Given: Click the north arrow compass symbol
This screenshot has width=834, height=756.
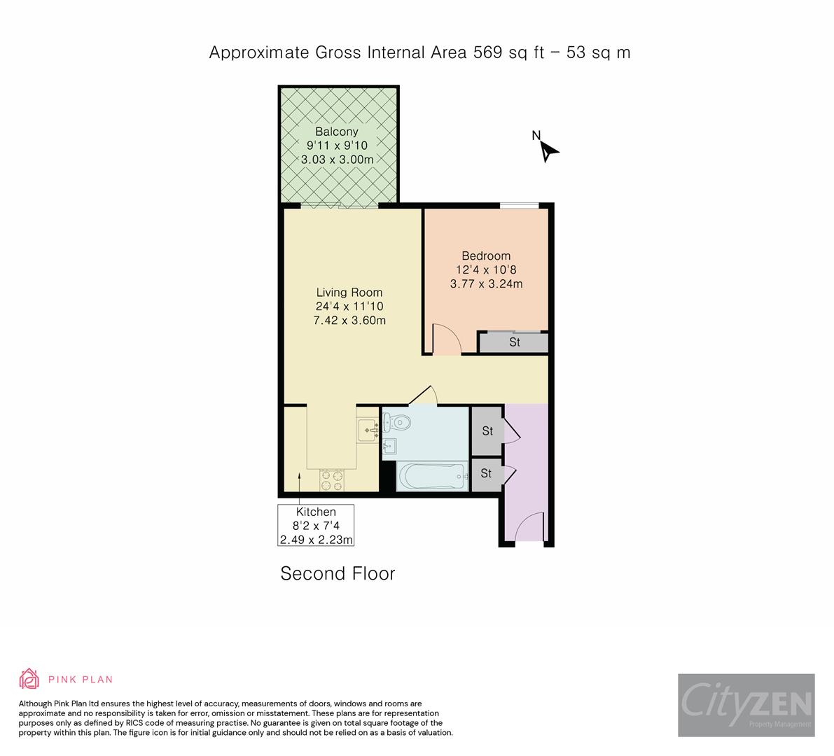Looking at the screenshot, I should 548,149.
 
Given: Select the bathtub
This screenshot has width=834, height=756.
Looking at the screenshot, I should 431,477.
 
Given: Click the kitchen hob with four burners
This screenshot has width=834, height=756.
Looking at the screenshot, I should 332,479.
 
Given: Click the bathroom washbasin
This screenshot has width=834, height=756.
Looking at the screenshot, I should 389,446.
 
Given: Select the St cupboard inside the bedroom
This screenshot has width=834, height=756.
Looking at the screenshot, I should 514,342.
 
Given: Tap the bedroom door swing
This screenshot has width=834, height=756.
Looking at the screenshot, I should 446,340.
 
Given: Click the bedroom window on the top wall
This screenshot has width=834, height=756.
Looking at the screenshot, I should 519,205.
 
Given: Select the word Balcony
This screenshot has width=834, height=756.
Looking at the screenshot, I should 336,132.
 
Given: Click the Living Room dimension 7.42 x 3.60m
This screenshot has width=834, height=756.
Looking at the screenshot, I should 349,321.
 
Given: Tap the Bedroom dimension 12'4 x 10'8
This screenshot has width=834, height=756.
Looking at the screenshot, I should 485,269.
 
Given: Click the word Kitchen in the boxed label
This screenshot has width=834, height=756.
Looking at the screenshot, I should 316,512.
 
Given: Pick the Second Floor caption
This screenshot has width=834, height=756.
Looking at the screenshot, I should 338,574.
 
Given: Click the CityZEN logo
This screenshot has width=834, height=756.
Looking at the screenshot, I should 746,705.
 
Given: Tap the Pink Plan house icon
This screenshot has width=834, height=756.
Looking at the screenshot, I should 29,679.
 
